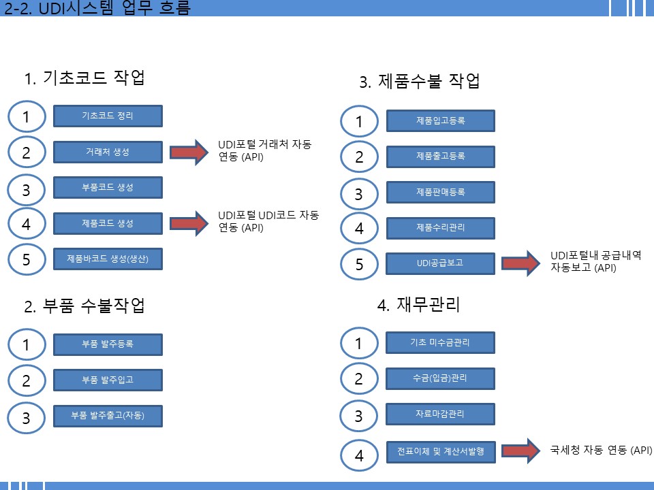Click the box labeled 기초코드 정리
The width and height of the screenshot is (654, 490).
(x=108, y=116)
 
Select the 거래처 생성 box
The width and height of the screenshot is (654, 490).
(x=108, y=152)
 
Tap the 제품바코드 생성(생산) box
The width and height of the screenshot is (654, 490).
(x=108, y=259)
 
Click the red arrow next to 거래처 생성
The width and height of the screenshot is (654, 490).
(x=189, y=152)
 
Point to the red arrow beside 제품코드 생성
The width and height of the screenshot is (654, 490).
(x=189, y=223)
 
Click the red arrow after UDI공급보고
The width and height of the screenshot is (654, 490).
(x=521, y=263)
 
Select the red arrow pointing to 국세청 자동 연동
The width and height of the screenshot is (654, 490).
(x=521, y=451)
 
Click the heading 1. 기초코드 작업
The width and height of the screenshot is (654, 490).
(x=84, y=78)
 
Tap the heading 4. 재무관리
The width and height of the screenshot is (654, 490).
(x=418, y=305)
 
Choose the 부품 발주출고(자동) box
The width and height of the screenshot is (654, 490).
(x=108, y=416)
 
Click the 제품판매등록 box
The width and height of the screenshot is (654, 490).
(x=441, y=192)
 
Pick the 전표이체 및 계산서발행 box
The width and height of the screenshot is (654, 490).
(x=441, y=452)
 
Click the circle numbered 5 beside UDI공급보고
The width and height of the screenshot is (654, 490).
(x=359, y=264)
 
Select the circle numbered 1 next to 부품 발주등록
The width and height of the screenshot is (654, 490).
(x=27, y=344)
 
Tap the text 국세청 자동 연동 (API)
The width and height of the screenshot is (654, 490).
(x=601, y=450)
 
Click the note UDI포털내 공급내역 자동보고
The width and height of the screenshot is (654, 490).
(x=595, y=261)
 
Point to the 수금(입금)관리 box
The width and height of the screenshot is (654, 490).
(x=441, y=378)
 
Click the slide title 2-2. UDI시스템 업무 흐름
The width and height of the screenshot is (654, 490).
(x=97, y=8)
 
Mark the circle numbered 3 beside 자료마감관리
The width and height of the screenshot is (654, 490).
(x=359, y=415)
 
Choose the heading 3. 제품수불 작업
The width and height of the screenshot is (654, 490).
(x=420, y=81)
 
